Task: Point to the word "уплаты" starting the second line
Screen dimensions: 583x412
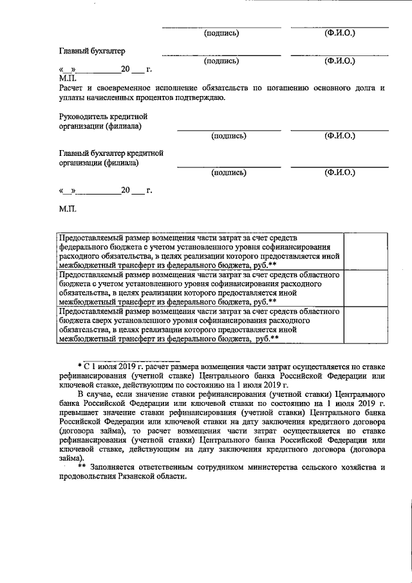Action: tap(70, 98)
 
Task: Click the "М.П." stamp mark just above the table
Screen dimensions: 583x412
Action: tap(67, 210)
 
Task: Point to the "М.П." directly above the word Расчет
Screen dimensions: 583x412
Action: tap(67, 77)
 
